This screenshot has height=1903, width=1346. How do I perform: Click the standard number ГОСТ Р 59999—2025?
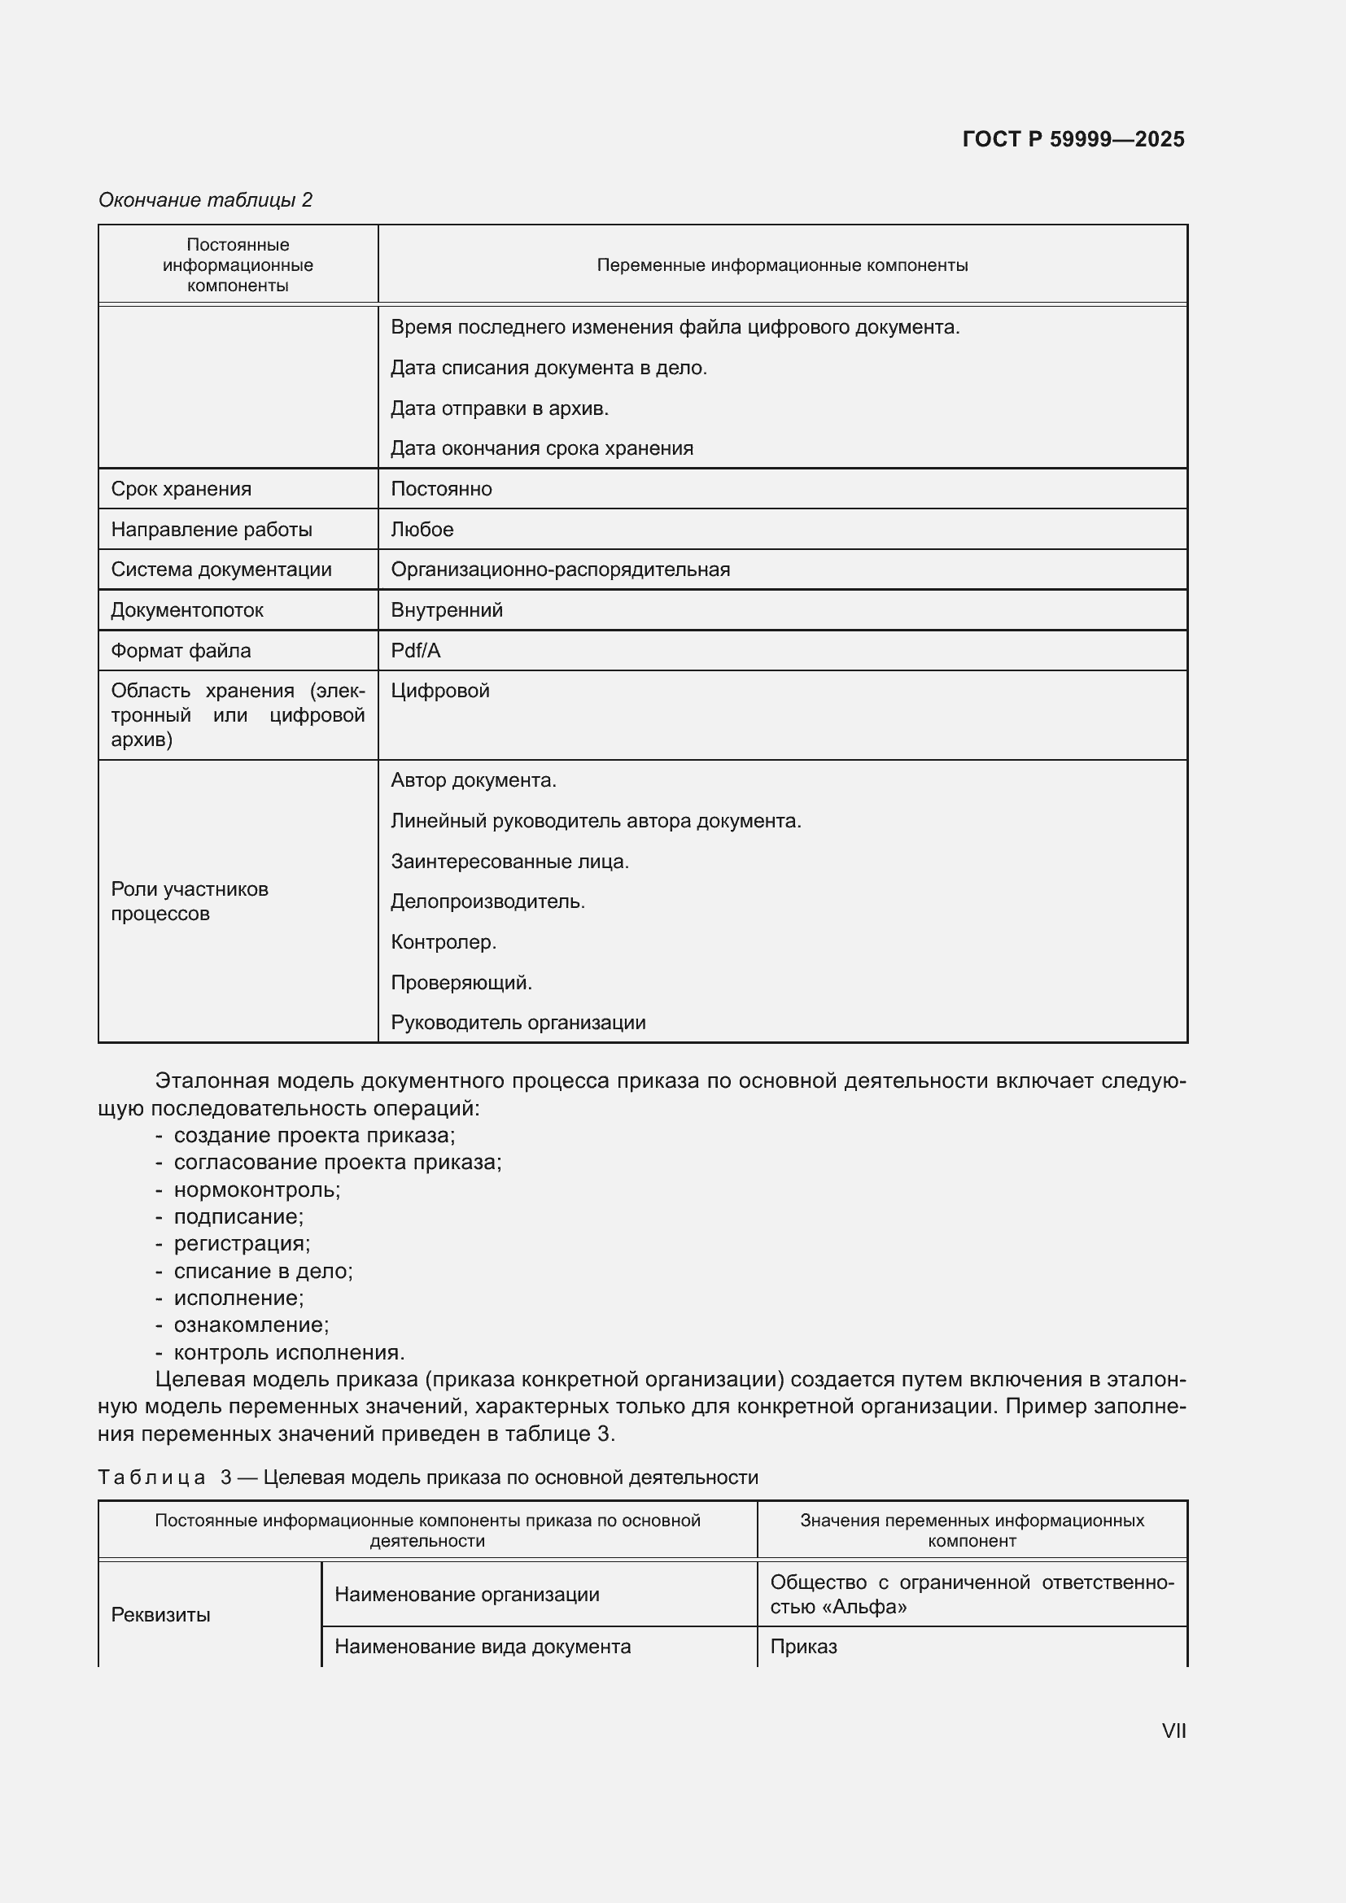(x=1073, y=139)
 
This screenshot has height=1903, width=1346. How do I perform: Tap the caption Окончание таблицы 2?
(x=205, y=200)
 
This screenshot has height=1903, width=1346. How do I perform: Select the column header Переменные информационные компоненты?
(x=781, y=265)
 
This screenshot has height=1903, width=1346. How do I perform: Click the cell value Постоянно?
(x=441, y=489)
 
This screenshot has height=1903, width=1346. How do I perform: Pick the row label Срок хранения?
(x=181, y=489)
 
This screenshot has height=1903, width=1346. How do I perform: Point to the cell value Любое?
(x=422, y=530)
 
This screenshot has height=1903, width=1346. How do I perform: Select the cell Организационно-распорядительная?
(x=560, y=570)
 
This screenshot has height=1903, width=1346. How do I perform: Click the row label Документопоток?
(x=186, y=610)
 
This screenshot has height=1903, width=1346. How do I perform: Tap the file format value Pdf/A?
(x=415, y=651)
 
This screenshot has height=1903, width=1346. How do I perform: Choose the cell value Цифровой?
(x=439, y=691)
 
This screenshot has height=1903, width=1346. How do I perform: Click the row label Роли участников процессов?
(x=189, y=901)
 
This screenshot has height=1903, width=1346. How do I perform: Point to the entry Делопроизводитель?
(x=487, y=901)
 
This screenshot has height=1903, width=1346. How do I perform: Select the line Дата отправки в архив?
(x=499, y=408)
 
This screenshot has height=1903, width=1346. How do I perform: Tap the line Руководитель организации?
(x=518, y=1022)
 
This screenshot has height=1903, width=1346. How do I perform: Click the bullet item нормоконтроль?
(x=256, y=1189)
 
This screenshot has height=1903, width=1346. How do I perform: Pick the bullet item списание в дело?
(x=263, y=1271)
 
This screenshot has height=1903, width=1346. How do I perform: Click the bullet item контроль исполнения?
(x=288, y=1352)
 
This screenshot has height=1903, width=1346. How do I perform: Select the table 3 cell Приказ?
(x=803, y=1646)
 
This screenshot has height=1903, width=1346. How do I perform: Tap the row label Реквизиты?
(x=160, y=1613)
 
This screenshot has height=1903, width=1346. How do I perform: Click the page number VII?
(x=1173, y=1731)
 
